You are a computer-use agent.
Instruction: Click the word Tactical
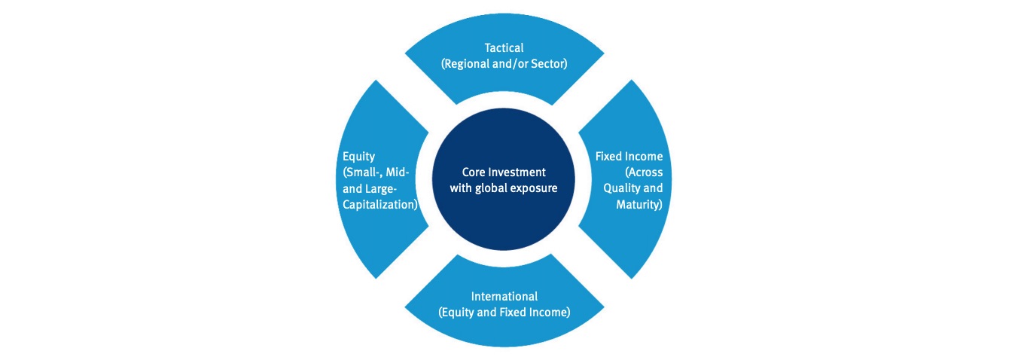tap(504, 48)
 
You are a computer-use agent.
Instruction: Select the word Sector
tap(547, 64)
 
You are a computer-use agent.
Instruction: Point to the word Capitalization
tap(378, 204)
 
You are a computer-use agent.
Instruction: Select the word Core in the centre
tap(474, 172)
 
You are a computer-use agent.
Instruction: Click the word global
tap(490, 188)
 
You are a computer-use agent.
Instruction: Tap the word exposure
tap(535, 188)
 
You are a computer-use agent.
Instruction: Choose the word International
tap(504, 296)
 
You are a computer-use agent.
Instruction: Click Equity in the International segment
tap(458, 312)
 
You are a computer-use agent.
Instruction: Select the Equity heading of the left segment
tap(357, 157)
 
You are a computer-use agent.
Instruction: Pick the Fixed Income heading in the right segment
tap(629, 157)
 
